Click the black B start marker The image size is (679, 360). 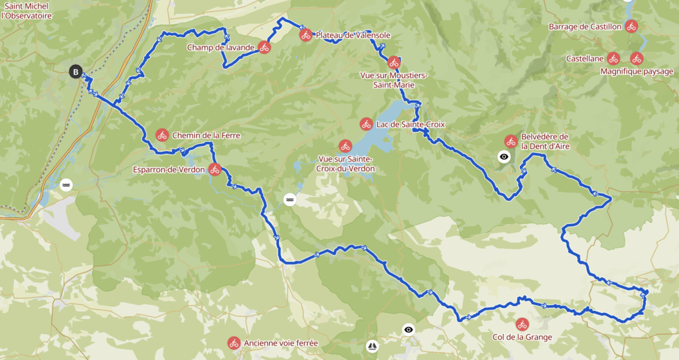point(76,72)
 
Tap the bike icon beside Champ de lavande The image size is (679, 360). point(264,47)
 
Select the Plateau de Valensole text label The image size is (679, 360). point(353,35)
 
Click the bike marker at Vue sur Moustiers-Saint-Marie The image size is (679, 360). point(394,62)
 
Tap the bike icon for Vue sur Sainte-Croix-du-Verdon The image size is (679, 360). point(345,146)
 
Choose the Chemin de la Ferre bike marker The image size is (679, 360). point(162,135)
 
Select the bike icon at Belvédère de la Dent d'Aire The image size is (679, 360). point(511,141)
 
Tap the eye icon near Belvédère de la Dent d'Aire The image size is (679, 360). point(504,157)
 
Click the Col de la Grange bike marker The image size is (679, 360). point(522,324)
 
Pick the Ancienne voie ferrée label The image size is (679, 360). point(280,343)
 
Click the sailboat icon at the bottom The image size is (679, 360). point(371,345)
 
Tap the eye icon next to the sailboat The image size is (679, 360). point(408,330)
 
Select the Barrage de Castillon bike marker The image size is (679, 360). point(631,27)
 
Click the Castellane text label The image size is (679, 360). point(584,58)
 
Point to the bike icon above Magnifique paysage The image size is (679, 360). point(637,58)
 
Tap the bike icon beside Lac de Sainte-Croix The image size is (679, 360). point(366,124)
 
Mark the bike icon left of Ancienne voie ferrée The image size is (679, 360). point(233,343)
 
